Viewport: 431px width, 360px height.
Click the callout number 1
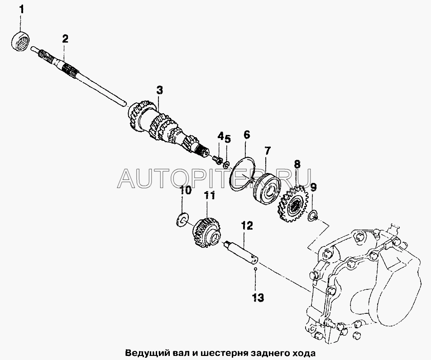pyautogui.click(x=21, y=10)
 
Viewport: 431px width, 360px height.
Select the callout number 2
pyautogui.click(x=65, y=39)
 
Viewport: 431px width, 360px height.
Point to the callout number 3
pyautogui.click(x=160, y=91)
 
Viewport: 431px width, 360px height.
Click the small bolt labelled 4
pyautogui.click(x=218, y=159)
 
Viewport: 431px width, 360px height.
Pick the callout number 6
pyautogui.click(x=247, y=135)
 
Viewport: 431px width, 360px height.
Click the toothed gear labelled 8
pyautogui.click(x=293, y=204)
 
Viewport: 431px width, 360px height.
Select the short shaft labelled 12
pyautogui.click(x=242, y=250)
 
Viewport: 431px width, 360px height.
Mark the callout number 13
pyautogui.click(x=258, y=297)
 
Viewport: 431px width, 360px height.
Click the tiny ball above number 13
pyautogui.click(x=255, y=269)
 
